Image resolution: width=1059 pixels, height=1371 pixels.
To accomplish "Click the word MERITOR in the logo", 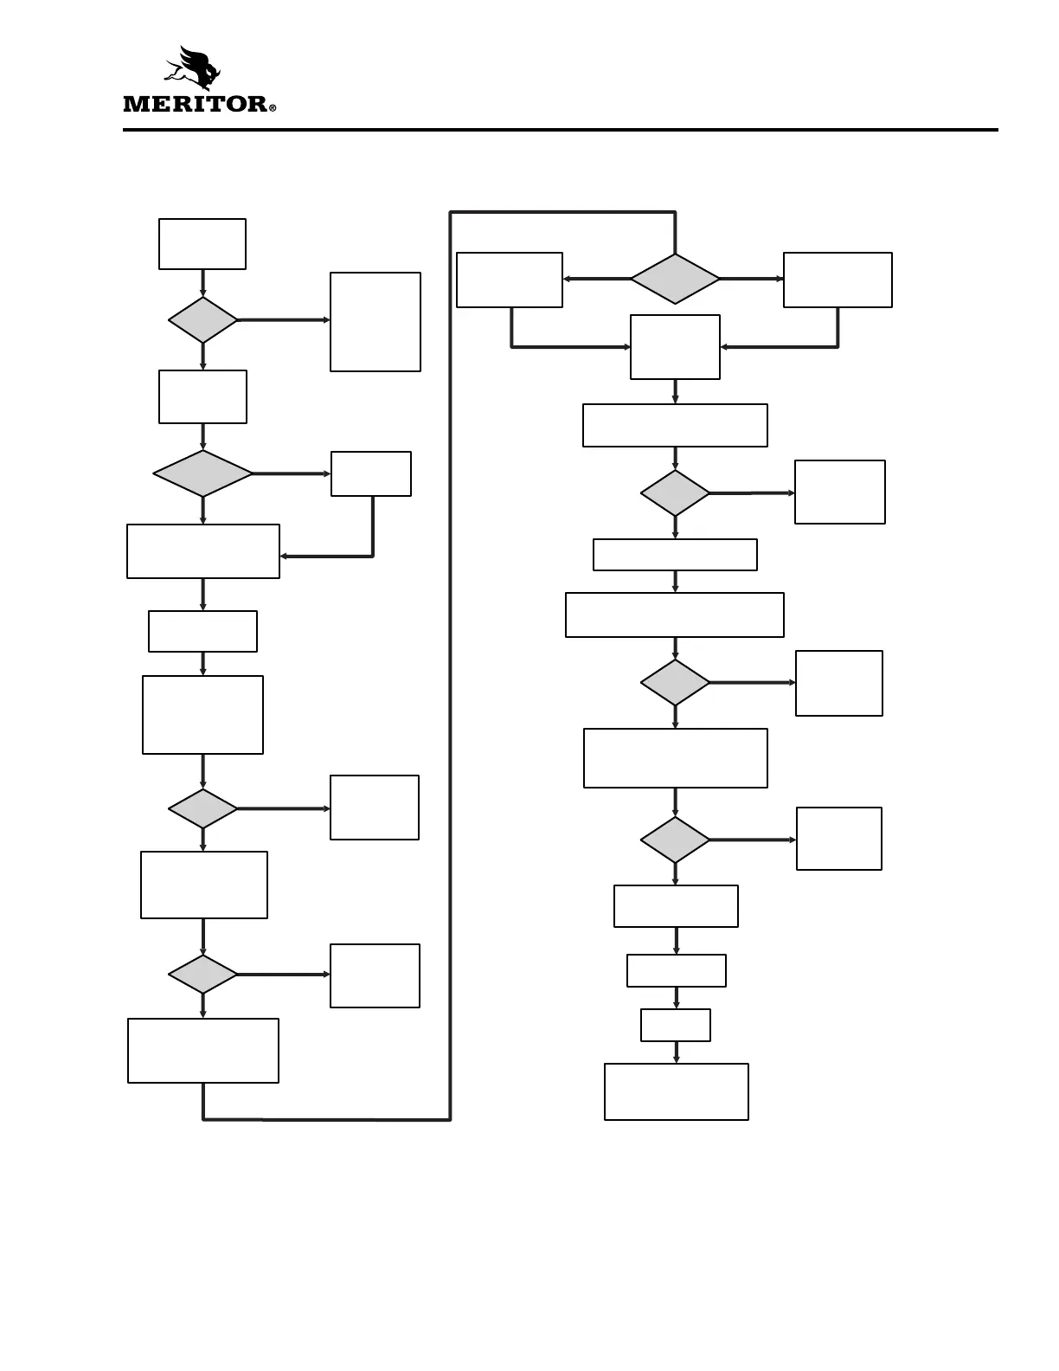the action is tap(196, 105).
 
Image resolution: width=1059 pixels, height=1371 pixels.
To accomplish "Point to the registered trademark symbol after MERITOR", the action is tap(273, 109).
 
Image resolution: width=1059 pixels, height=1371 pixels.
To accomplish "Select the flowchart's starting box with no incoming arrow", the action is tap(202, 244).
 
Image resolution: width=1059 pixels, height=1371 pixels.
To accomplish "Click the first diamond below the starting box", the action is tap(203, 320).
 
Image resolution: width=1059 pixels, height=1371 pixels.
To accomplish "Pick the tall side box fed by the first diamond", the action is tap(375, 322).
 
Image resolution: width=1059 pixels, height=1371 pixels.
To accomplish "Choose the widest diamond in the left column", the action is tap(203, 473).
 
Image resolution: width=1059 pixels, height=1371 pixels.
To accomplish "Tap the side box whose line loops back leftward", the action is tap(371, 473).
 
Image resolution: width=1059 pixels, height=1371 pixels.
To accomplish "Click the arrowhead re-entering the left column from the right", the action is tap(284, 556).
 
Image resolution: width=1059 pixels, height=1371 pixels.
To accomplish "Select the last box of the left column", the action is tap(203, 1050).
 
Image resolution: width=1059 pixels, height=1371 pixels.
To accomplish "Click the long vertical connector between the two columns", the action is tap(450, 666).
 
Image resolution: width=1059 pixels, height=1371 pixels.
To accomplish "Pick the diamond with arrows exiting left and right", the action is tap(675, 279).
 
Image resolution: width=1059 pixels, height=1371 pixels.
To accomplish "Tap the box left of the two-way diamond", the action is tap(510, 280).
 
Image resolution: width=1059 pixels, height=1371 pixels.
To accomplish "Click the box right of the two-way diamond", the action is tap(838, 280).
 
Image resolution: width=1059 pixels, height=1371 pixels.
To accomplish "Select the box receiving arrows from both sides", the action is tap(675, 346).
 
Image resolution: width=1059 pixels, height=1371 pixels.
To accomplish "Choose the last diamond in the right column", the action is tap(675, 840).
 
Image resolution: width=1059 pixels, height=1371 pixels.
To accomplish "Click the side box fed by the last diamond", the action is tap(839, 839).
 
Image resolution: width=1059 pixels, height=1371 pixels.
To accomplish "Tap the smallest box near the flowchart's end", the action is tap(676, 1025).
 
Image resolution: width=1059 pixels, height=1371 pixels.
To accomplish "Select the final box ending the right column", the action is tap(677, 1091).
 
